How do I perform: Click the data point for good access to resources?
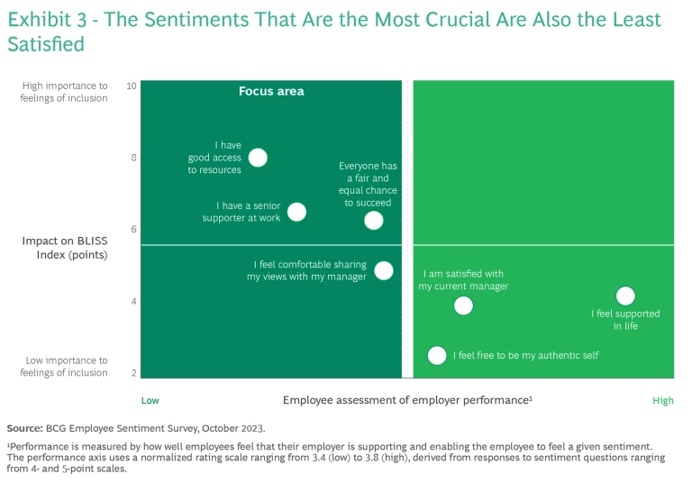click(258, 158)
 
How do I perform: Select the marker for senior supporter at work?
click(296, 212)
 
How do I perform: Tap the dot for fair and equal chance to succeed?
click(373, 221)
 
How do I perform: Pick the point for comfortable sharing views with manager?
click(384, 270)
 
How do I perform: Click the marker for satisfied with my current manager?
click(463, 305)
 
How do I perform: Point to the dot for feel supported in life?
click(625, 296)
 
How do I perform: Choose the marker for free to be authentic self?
click(437, 355)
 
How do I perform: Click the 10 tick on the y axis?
click(132, 86)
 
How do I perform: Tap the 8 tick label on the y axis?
click(133, 158)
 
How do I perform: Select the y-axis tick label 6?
click(133, 229)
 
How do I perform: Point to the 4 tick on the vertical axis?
click(133, 301)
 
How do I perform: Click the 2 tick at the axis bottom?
click(133, 373)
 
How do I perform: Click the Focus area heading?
click(271, 91)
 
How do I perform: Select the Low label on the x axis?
click(150, 401)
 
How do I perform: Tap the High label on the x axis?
click(662, 401)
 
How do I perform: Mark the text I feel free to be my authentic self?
click(525, 355)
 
